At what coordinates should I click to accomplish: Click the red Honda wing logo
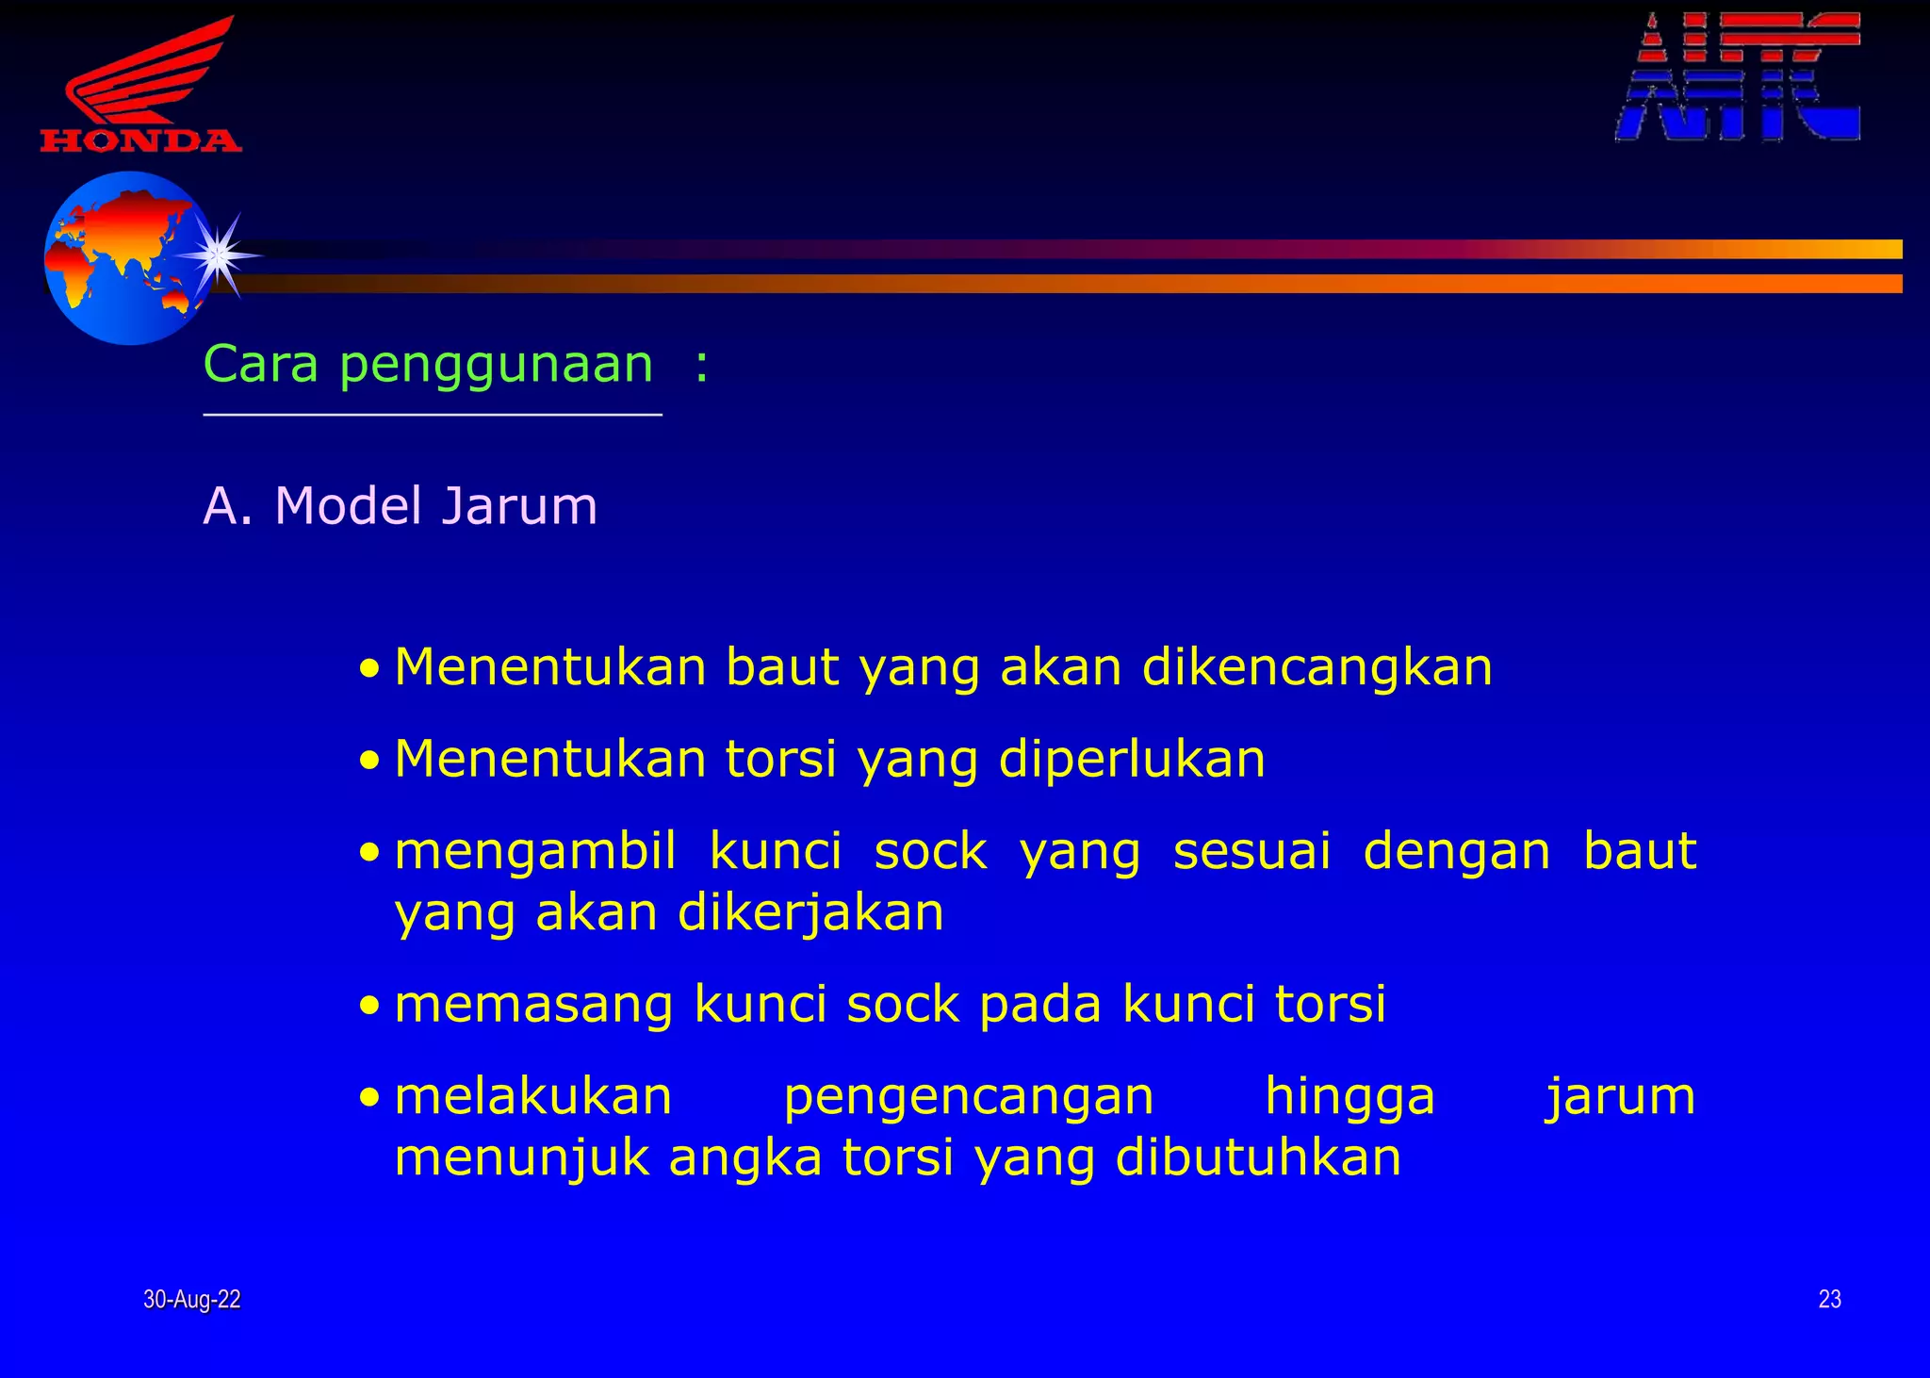(141, 85)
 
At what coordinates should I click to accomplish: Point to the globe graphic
(127, 257)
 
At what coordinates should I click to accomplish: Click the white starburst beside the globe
(219, 254)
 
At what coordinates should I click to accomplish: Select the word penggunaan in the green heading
(496, 366)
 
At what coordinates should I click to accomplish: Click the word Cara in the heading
(261, 364)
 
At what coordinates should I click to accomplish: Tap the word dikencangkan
(1317, 668)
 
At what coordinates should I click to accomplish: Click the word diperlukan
(1132, 760)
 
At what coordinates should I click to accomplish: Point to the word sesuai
(1251, 851)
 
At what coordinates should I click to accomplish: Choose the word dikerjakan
(810, 913)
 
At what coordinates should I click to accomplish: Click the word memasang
(533, 1005)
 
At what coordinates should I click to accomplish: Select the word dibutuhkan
(1258, 1158)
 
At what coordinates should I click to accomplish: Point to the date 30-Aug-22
(192, 1300)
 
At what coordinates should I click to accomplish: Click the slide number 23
(1829, 1300)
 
